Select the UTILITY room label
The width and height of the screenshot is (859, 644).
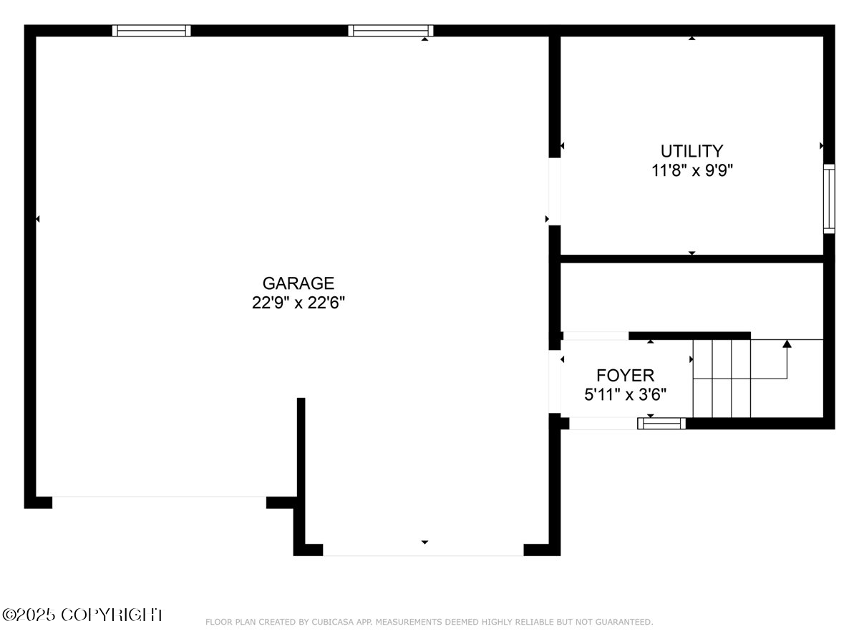pyautogui.click(x=691, y=151)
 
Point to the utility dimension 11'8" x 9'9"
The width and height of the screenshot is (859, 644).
pyautogui.click(x=691, y=170)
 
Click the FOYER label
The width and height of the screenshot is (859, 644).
pyautogui.click(x=625, y=375)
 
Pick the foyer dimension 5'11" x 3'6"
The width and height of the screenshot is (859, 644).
pyautogui.click(x=625, y=394)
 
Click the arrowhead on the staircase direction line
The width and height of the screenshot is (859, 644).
pyautogui.click(x=787, y=343)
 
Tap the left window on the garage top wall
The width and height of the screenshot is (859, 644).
pyautogui.click(x=151, y=31)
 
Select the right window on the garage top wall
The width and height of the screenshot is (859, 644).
pyautogui.click(x=390, y=31)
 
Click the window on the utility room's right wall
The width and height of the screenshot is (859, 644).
pyautogui.click(x=829, y=198)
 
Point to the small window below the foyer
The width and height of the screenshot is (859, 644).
pyautogui.click(x=661, y=424)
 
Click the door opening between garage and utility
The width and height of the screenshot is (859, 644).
pyautogui.click(x=554, y=191)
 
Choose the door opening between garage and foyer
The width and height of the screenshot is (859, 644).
pyautogui.click(x=554, y=381)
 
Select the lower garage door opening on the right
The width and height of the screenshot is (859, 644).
pyautogui.click(x=423, y=550)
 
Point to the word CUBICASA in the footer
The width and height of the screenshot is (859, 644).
pyautogui.click(x=331, y=623)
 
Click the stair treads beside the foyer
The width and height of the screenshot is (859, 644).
pyautogui.click(x=721, y=379)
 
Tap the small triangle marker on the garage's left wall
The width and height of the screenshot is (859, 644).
pyautogui.click(x=37, y=219)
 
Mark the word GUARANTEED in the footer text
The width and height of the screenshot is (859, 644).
pyautogui.click(x=621, y=623)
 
